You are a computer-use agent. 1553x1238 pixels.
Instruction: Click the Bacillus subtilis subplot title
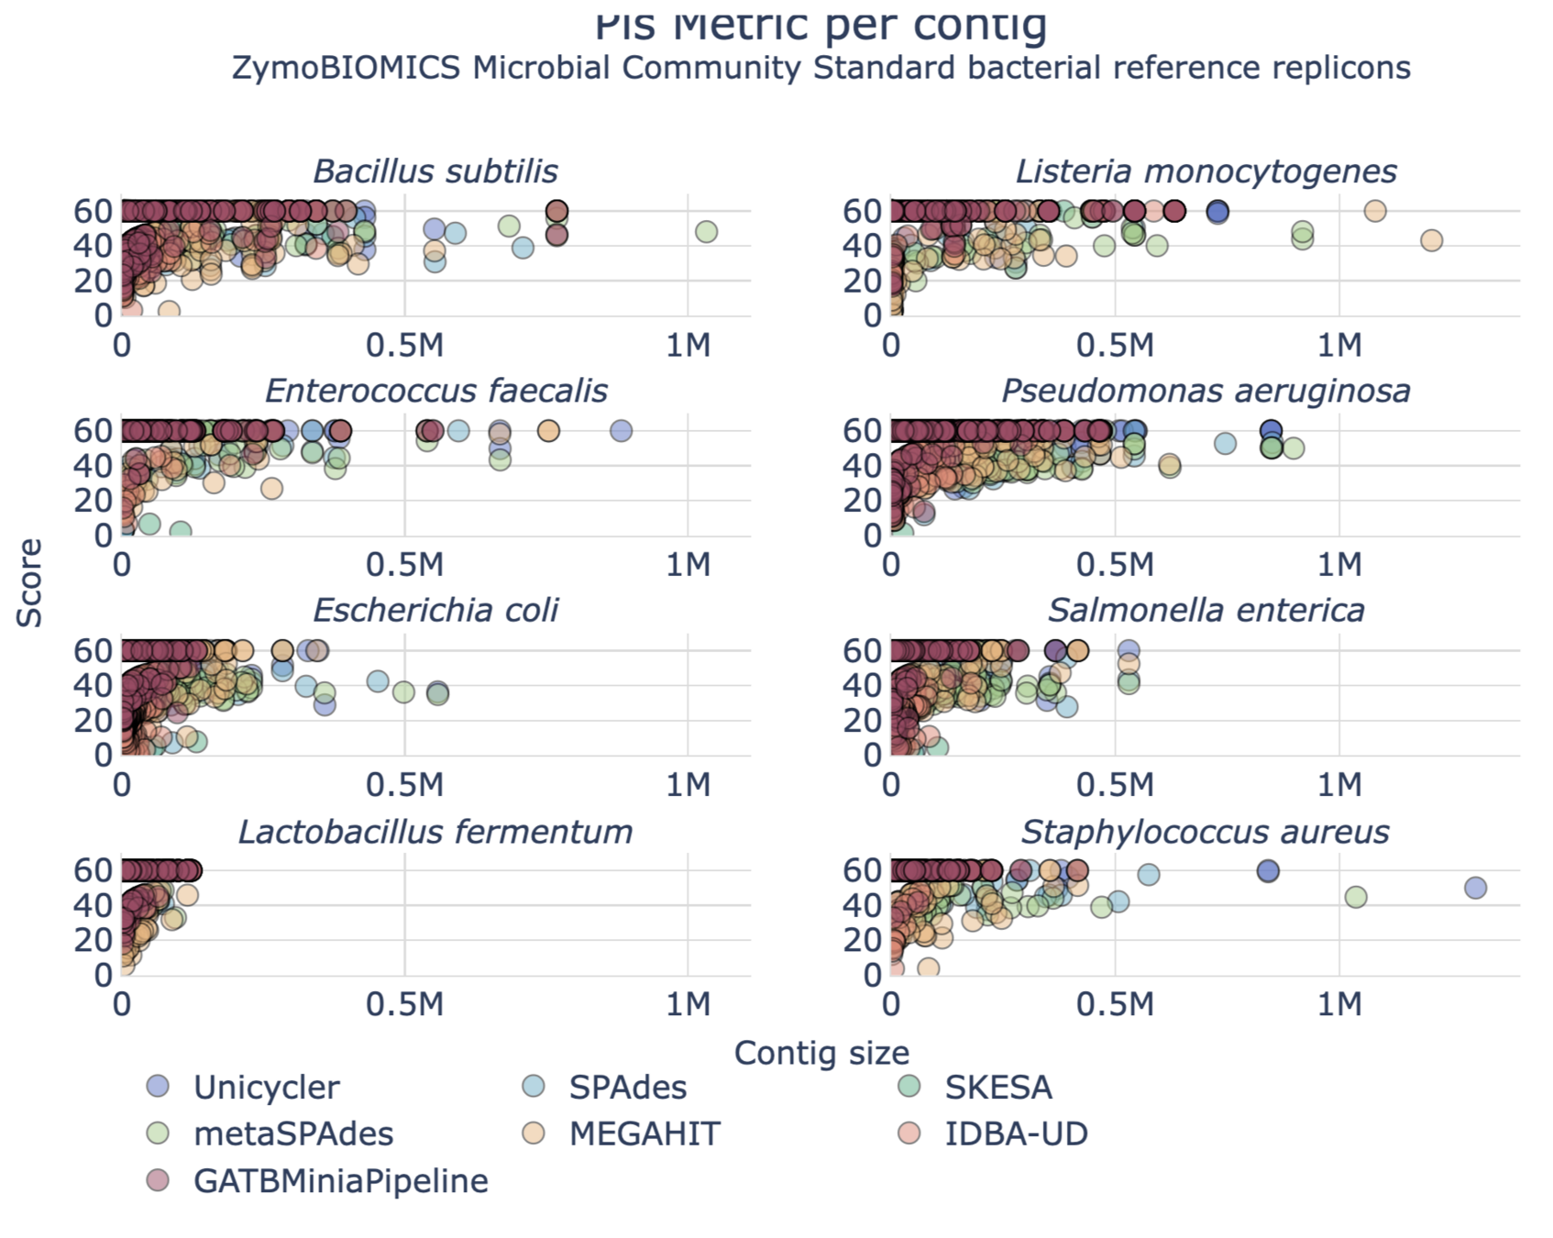[x=435, y=171]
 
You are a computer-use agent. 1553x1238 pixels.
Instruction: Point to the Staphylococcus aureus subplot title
[x=1205, y=832]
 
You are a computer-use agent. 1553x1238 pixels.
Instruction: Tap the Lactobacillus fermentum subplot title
[x=435, y=832]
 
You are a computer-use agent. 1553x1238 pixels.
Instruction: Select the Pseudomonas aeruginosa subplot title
[x=1205, y=391]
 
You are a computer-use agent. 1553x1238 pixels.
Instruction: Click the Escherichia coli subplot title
[x=435, y=611]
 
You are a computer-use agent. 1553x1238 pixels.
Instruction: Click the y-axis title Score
[x=29, y=583]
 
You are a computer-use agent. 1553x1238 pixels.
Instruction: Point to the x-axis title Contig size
[x=821, y=1053]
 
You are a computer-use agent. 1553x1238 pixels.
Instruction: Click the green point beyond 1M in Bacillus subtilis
[x=706, y=232]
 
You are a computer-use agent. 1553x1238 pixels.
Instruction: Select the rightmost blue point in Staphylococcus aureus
[x=1475, y=888]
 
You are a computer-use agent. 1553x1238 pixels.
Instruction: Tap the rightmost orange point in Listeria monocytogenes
[x=1431, y=240]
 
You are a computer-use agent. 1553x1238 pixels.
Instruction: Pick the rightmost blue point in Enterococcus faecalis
[x=621, y=431]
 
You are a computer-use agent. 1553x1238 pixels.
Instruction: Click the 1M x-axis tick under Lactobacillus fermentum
[x=688, y=1005]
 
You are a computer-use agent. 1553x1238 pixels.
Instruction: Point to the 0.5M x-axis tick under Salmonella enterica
[x=1115, y=785]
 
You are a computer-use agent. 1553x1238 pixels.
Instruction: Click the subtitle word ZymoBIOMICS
[x=346, y=69]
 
